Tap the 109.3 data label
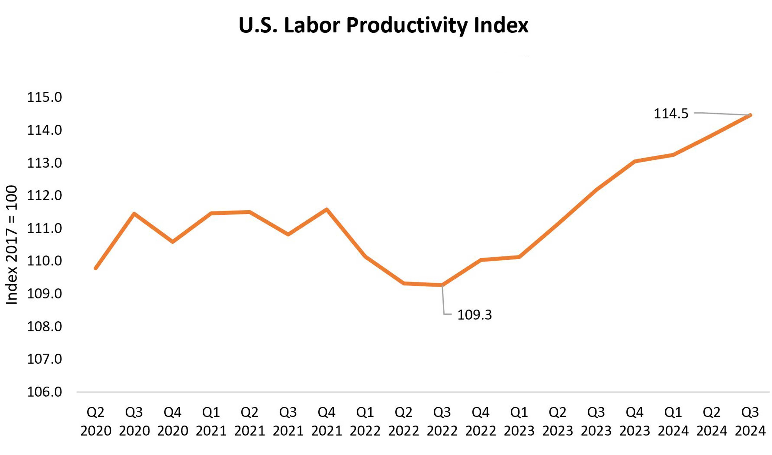pyautogui.click(x=474, y=315)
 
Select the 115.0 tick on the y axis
pyautogui.click(x=44, y=97)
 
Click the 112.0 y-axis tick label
pyautogui.click(x=44, y=196)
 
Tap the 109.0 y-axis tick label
pyautogui.click(x=44, y=294)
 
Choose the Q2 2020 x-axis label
pyautogui.click(x=96, y=422)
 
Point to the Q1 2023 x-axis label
pyautogui.click(x=519, y=422)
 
